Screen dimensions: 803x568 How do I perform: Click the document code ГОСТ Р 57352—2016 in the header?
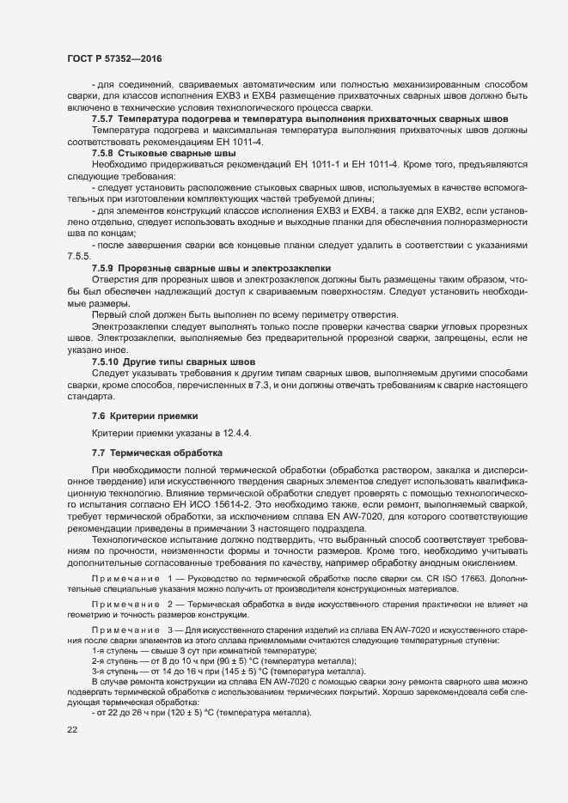pyautogui.click(x=113, y=58)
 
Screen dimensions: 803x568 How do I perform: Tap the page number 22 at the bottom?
pyautogui.click(x=72, y=730)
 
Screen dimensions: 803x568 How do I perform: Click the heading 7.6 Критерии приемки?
pyautogui.click(x=137, y=416)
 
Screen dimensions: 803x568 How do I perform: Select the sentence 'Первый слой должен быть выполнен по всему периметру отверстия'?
pyautogui.click(x=245, y=290)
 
